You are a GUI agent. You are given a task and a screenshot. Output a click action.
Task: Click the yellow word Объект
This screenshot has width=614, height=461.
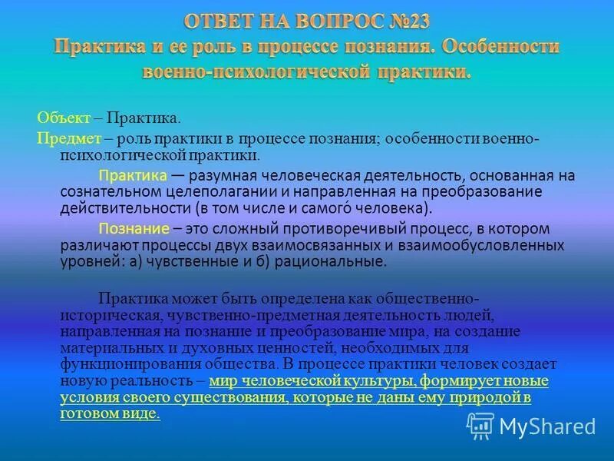coord(64,119)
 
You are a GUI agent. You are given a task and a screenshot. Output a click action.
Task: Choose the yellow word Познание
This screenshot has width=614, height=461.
coord(134,229)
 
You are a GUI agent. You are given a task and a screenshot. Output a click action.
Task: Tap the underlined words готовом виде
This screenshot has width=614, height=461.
coord(109,413)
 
